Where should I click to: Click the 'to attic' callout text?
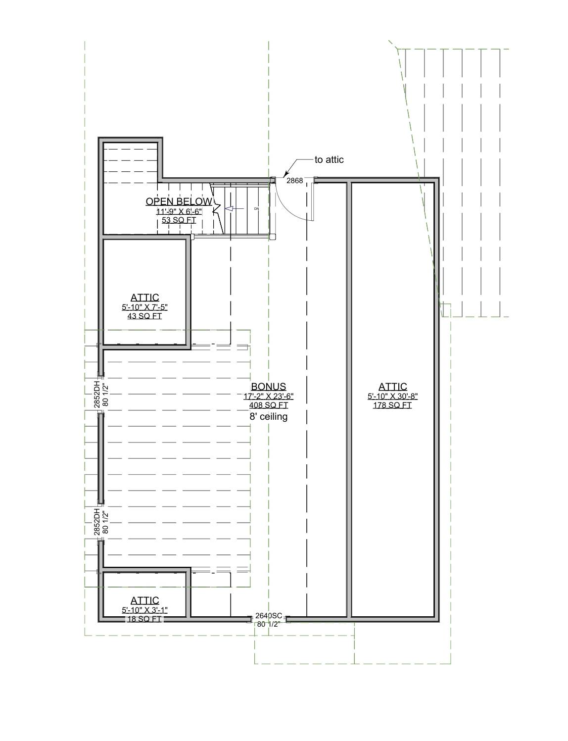click(329, 160)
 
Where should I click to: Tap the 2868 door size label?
click(295, 181)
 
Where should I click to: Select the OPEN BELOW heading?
click(179, 201)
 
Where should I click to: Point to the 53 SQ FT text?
click(179, 220)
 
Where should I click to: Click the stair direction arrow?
click(229, 209)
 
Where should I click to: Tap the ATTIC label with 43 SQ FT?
click(144, 297)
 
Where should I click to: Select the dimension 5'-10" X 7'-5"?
click(144, 307)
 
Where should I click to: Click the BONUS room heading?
click(268, 387)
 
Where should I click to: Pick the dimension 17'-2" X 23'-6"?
click(268, 396)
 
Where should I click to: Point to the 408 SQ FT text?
click(268, 405)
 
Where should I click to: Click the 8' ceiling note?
click(268, 417)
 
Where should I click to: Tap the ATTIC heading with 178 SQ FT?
click(393, 387)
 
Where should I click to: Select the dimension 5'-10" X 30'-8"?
click(393, 396)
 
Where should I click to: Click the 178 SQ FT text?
click(393, 405)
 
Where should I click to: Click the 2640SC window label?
click(269, 616)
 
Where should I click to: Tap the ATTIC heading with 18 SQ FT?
click(144, 600)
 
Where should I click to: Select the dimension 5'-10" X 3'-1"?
click(144, 610)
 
